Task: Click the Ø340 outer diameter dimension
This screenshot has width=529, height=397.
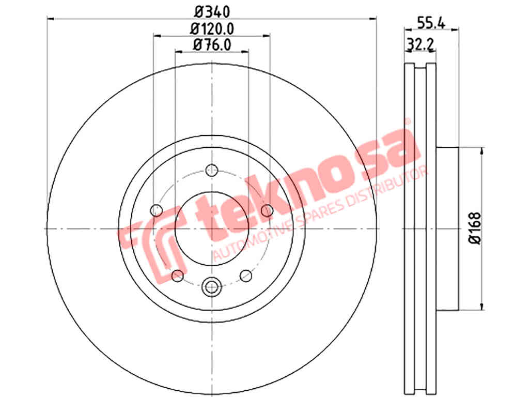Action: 212,12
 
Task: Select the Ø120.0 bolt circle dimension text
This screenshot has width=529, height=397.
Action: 212,29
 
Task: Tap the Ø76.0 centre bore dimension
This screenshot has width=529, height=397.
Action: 212,45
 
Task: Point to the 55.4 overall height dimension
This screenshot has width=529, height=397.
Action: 431,23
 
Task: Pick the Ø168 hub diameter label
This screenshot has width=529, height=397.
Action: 475,228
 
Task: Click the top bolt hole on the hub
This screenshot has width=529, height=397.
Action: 212,170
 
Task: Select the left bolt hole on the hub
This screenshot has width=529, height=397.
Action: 156,211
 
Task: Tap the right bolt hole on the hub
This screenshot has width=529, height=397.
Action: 267,210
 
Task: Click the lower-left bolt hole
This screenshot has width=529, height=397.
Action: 178,276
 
